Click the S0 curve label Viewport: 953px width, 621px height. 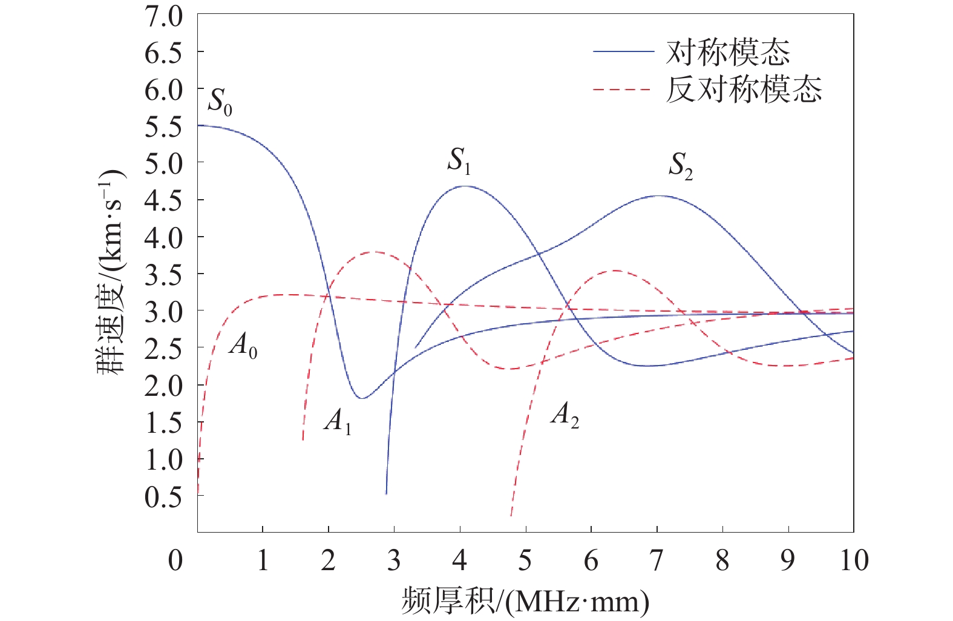pyautogui.click(x=220, y=101)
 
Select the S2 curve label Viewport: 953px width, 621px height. pyautogui.click(x=680, y=165)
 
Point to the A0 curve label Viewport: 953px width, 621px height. pyautogui.click(x=243, y=346)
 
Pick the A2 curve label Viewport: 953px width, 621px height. pyautogui.click(x=565, y=415)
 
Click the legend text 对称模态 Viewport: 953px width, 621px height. pyautogui.click(x=728, y=53)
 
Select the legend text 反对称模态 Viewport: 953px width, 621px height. pyautogui.click(x=744, y=90)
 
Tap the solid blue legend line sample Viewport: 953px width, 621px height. pyautogui.click(x=623, y=52)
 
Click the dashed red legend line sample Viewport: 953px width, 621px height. pyautogui.click(x=623, y=90)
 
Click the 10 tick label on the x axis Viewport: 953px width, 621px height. pyautogui.click(x=854, y=560)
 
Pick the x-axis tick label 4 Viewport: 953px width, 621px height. pyautogui.click(x=460, y=560)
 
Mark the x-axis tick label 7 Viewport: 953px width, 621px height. pyautogui.click(x=657, y=560)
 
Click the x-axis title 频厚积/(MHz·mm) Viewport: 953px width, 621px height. pyautogui.click(x=525, y=601)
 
